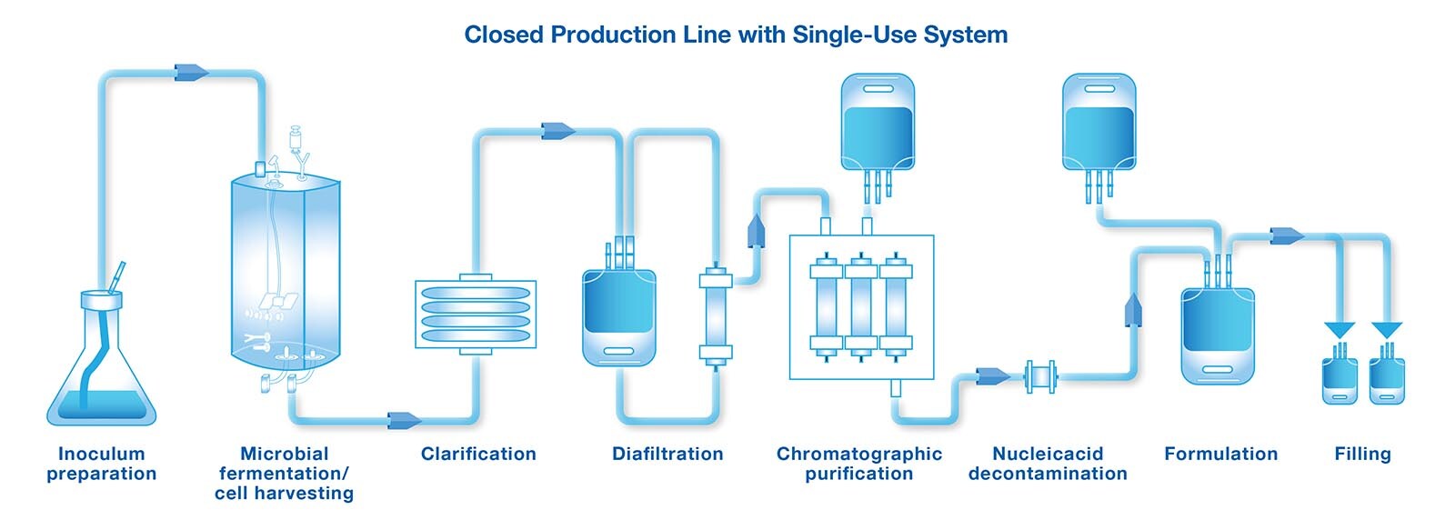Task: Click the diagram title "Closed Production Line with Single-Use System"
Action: [x=736, y=35]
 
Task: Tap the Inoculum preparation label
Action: [x=102, y=464]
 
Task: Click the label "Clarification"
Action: [x=478, y=454]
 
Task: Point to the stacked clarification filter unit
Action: [x=476, y=315]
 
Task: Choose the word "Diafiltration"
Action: [x=667, y=454]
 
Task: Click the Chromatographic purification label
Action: [x=859, y=464]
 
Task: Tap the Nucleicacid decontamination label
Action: [x=1048, y=464]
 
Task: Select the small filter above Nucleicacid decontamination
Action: [x=1040, y=376]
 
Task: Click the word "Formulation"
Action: [x=1220, y=454]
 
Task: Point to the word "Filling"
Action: [x=1362, y=454]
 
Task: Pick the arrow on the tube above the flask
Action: [x=191, y=72]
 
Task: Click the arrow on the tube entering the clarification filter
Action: [x=404, y=420]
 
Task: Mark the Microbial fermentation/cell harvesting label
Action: [x=284, y=473]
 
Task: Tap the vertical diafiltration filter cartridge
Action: [x=715, y=315]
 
